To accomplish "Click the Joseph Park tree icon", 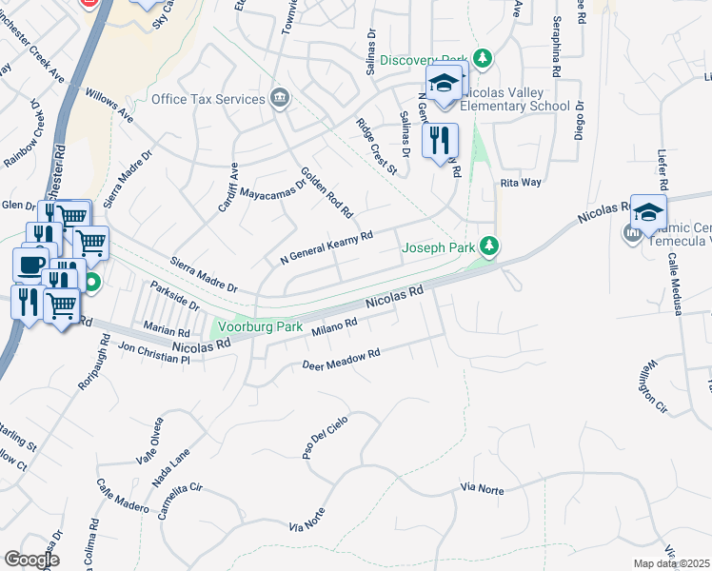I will click(x=489, y=247).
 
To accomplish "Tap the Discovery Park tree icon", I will click(x=484, y=59).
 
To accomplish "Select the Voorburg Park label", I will click(x=260, y=326).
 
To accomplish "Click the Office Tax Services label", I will click(x=208, y=99).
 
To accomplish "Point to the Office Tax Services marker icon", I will click(x=279, y=98).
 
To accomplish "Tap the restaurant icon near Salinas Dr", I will click(x=439, y=141).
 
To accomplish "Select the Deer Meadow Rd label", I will click(x=341, y=359).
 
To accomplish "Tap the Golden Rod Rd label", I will click(x=326, y=190).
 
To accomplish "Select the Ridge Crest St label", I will click(x=376, y=147).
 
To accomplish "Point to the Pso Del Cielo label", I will click(x=321, y=439).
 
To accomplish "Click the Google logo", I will click(x=31, y=559).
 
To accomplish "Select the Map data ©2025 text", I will click(x=672, y=563).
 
